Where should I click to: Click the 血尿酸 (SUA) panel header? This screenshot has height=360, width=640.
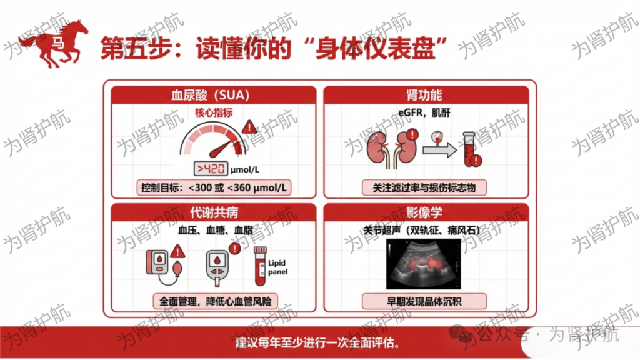214,95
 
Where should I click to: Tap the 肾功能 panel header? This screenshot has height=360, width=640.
426,95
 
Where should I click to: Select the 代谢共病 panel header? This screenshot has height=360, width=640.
214,212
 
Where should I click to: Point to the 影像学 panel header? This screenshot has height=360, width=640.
426,212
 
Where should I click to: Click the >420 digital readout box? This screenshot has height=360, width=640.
211,169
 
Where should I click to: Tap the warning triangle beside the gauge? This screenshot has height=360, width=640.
249,127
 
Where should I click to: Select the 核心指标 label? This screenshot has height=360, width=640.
214,112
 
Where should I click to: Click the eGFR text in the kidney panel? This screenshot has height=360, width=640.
410,112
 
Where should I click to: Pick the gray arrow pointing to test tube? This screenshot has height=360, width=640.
439,150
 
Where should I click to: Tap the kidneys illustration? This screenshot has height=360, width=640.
392,149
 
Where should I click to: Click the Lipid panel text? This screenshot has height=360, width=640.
277,267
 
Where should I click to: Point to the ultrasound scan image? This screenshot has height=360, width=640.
423,264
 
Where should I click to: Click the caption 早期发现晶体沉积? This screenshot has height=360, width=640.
424,302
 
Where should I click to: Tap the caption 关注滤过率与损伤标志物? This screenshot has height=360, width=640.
424,187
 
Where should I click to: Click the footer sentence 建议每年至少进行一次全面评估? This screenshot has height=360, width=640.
317,343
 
